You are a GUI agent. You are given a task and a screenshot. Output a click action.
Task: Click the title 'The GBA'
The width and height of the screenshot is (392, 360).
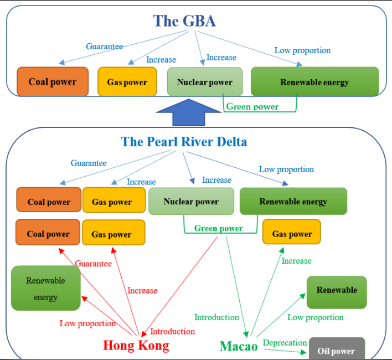[x=184, y=20]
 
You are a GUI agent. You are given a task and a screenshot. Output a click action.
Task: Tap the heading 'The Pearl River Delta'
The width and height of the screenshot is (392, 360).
[x=184, y=141]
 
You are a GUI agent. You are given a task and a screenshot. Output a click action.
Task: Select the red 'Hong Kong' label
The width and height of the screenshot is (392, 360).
[x=136, y=345]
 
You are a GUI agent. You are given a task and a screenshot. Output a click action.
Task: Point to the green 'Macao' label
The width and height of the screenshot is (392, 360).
[x=239, y=346]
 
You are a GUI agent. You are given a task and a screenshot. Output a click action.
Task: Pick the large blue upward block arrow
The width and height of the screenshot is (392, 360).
[x=189, y=112]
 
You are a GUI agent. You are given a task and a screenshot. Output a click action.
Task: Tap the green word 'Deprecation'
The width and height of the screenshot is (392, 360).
[x=285, y=343]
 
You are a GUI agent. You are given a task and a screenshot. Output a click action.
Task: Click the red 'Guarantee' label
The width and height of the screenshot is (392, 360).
[x=93, y=264]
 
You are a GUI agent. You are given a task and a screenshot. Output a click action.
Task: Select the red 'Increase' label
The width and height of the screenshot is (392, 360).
[x=142, y=291]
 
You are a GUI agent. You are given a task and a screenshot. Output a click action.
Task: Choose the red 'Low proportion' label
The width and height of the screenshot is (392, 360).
[x=87, y=323]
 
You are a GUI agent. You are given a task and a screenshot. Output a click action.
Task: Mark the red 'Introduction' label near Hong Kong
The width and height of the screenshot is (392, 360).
[x=173, y=331]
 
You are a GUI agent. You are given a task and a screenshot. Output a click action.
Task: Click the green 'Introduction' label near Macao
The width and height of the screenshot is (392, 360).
[x=216, y=317]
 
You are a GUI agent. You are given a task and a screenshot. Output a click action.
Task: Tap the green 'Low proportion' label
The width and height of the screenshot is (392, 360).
[x=316, y=317]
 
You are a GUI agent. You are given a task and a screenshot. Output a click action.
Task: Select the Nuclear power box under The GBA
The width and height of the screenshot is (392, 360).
[x=205, y=81]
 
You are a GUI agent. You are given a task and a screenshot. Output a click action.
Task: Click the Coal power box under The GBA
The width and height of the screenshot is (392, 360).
[x=53, y=81]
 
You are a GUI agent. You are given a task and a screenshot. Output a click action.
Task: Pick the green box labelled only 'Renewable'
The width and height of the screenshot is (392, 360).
[x=337, y=292]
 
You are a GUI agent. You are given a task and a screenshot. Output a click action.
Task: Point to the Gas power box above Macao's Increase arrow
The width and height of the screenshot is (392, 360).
[x=292, y=232]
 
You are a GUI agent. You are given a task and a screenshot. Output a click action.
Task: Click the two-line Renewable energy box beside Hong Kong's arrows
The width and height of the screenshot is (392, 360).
[x=46, y=288]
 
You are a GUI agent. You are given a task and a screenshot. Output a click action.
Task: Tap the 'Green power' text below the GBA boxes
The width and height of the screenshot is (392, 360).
[x=252, y=107]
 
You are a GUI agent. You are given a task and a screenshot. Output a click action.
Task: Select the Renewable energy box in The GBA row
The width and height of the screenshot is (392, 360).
[x=315, y=81]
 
